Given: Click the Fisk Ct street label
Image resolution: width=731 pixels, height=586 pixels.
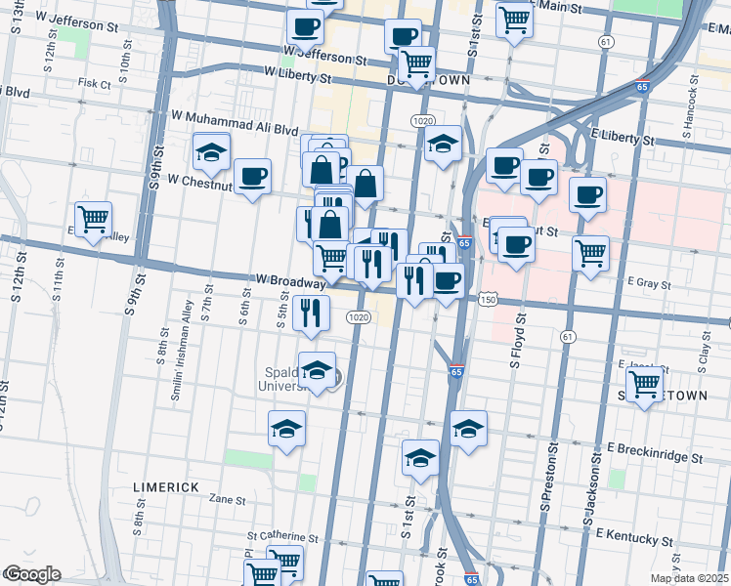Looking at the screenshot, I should point(95,84).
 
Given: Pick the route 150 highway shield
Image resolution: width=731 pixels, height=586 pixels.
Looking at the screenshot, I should point(488,300).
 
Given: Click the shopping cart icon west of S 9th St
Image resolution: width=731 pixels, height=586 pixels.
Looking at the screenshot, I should point(94,219).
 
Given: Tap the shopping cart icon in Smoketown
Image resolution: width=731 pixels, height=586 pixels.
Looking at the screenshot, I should point(644,385).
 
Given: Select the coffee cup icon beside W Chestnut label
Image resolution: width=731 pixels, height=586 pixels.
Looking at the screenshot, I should point(253,176).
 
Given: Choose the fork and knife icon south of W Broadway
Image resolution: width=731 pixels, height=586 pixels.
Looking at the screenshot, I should point(312,312).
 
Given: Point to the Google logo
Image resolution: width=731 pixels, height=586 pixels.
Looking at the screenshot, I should point(32,574).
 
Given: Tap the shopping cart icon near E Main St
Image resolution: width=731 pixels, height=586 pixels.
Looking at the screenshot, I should point(514,18).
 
